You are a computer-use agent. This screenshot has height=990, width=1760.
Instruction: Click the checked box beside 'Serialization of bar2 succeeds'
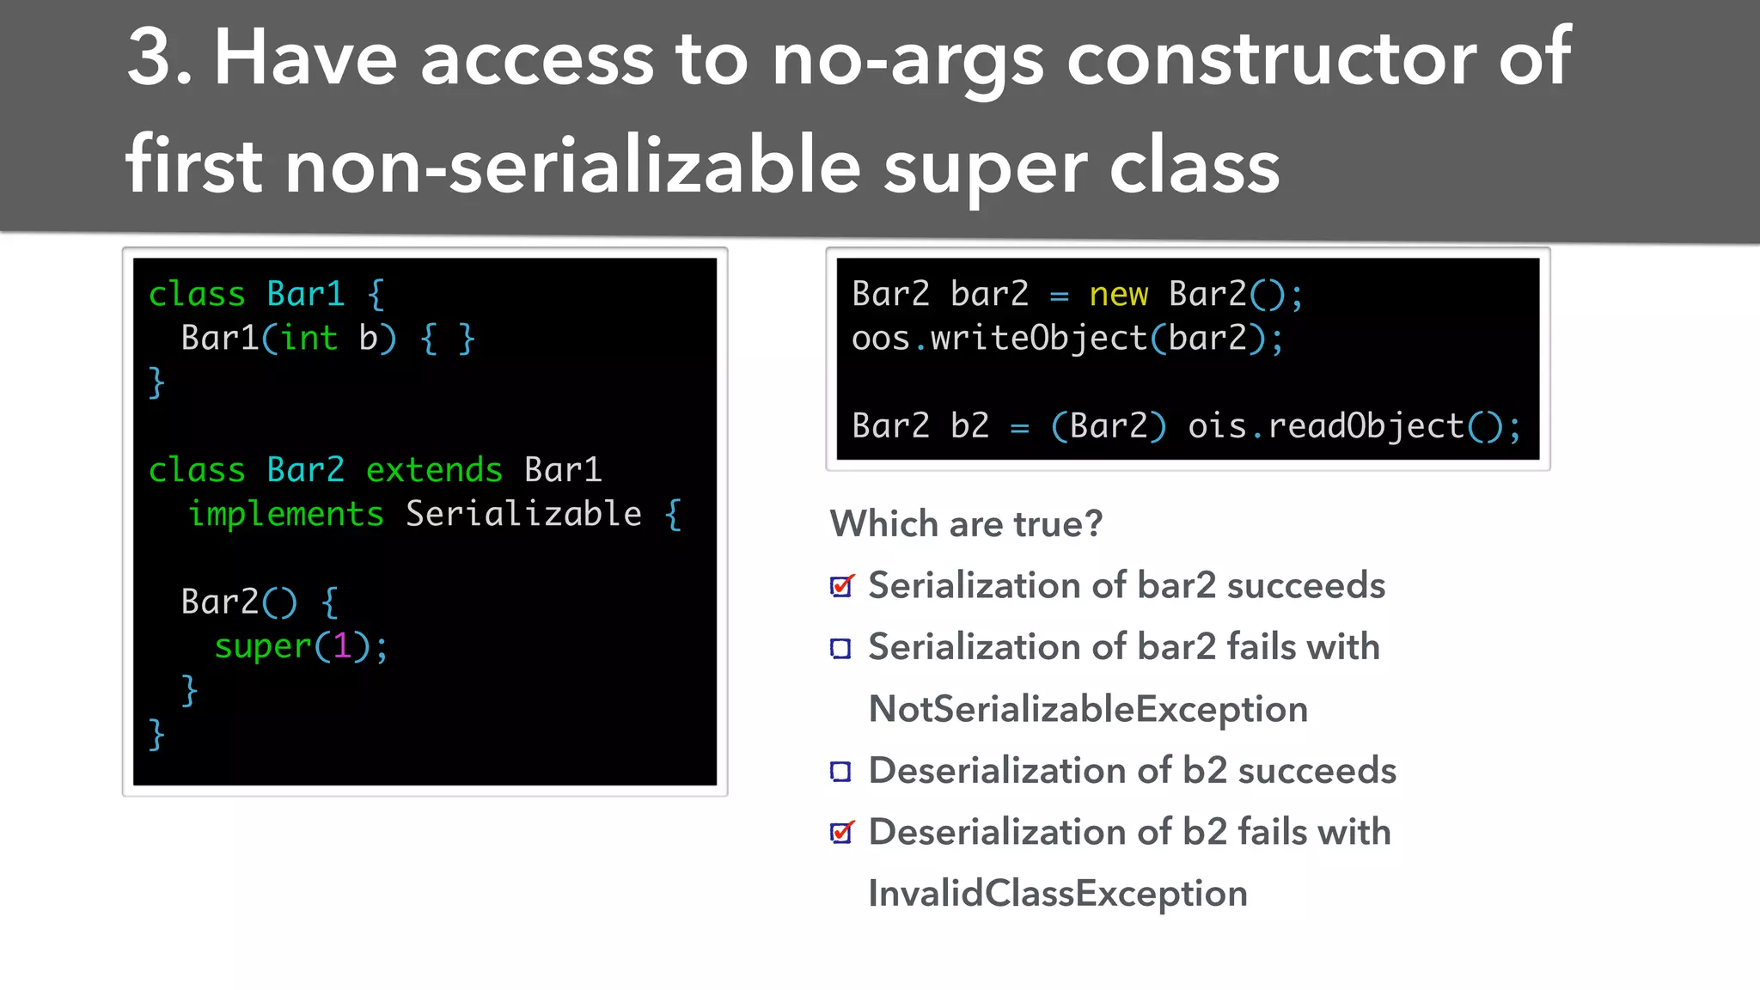[840, 587]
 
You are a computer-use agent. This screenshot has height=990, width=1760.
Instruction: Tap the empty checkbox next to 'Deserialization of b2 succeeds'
[840, 772]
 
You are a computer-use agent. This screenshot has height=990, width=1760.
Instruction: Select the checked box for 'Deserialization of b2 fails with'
[840, 833]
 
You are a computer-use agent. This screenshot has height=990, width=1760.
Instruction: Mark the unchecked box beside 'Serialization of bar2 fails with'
[840, 649]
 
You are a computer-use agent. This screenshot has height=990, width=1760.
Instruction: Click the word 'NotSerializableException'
[1088, 710]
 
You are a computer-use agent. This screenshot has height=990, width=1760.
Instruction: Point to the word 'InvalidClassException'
[1057, 894]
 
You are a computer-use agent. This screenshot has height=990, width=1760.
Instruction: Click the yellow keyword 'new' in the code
[1118, 295]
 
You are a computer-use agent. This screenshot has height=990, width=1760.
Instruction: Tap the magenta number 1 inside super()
[341, 645]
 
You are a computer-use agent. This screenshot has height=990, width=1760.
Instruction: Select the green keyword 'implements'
[285, 514]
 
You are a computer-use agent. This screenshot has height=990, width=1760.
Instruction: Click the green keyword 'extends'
[434, 470]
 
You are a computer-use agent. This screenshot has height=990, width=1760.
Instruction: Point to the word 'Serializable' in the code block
[523, 514]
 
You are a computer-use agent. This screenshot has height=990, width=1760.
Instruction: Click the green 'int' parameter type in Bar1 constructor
[309, 338]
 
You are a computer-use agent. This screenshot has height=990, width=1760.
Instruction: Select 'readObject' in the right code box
[1366, 426]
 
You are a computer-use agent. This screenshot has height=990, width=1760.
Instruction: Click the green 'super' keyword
[262, 645]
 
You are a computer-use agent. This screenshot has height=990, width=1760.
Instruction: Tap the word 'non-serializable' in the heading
[572, 166]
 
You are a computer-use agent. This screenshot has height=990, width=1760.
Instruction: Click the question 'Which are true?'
[966, 524]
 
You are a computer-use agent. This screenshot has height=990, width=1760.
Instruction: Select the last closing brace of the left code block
[156, 735]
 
